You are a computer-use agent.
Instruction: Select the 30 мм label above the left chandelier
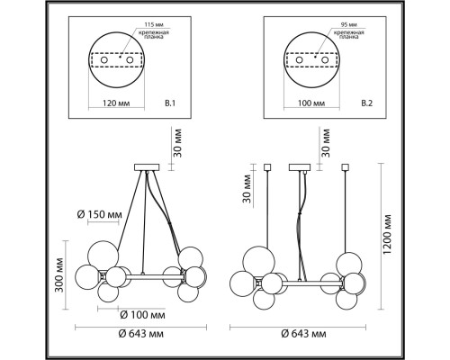pyautogui.click(x=177, y=142)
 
